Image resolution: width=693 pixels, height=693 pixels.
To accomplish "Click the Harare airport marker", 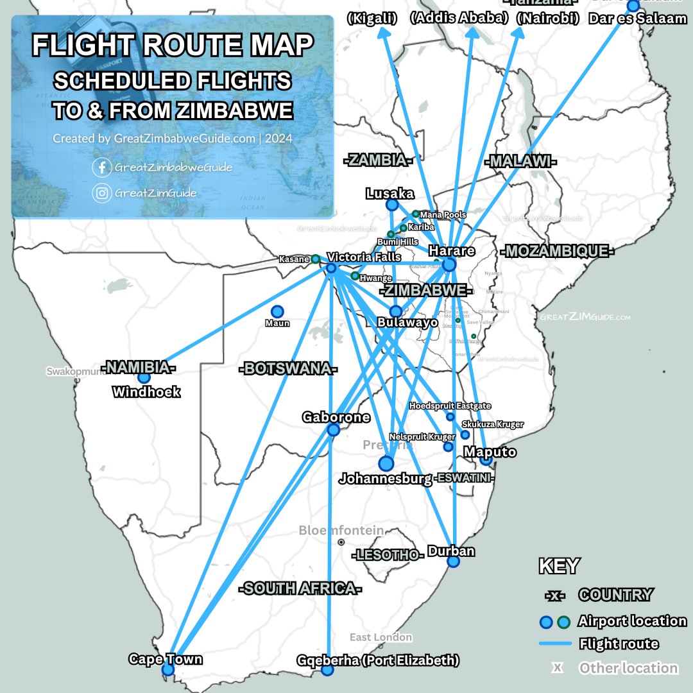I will [449, 264].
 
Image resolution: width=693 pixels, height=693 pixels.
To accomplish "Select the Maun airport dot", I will [277, 311].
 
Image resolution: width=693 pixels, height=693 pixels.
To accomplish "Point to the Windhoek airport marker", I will [144, 377].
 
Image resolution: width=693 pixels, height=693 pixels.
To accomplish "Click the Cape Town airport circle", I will [168, 670].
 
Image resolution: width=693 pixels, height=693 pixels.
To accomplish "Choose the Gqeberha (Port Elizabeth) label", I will [378, 660].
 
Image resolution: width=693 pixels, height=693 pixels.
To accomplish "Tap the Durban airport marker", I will [453, 561].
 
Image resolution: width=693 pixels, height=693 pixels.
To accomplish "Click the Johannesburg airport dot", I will [386, 463].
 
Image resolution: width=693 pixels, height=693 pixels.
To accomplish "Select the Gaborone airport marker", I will [333, 430].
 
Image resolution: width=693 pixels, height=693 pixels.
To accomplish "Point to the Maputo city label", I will [490, 452].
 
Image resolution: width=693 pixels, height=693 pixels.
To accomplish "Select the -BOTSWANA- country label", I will [288, 370].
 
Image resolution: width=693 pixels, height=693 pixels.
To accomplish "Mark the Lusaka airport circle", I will [391, 205].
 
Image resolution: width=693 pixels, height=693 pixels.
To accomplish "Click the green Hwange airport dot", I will [355, 276].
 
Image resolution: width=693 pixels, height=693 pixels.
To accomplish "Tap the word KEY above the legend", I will [558, 566].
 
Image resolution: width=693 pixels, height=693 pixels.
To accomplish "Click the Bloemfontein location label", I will [341, 531].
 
